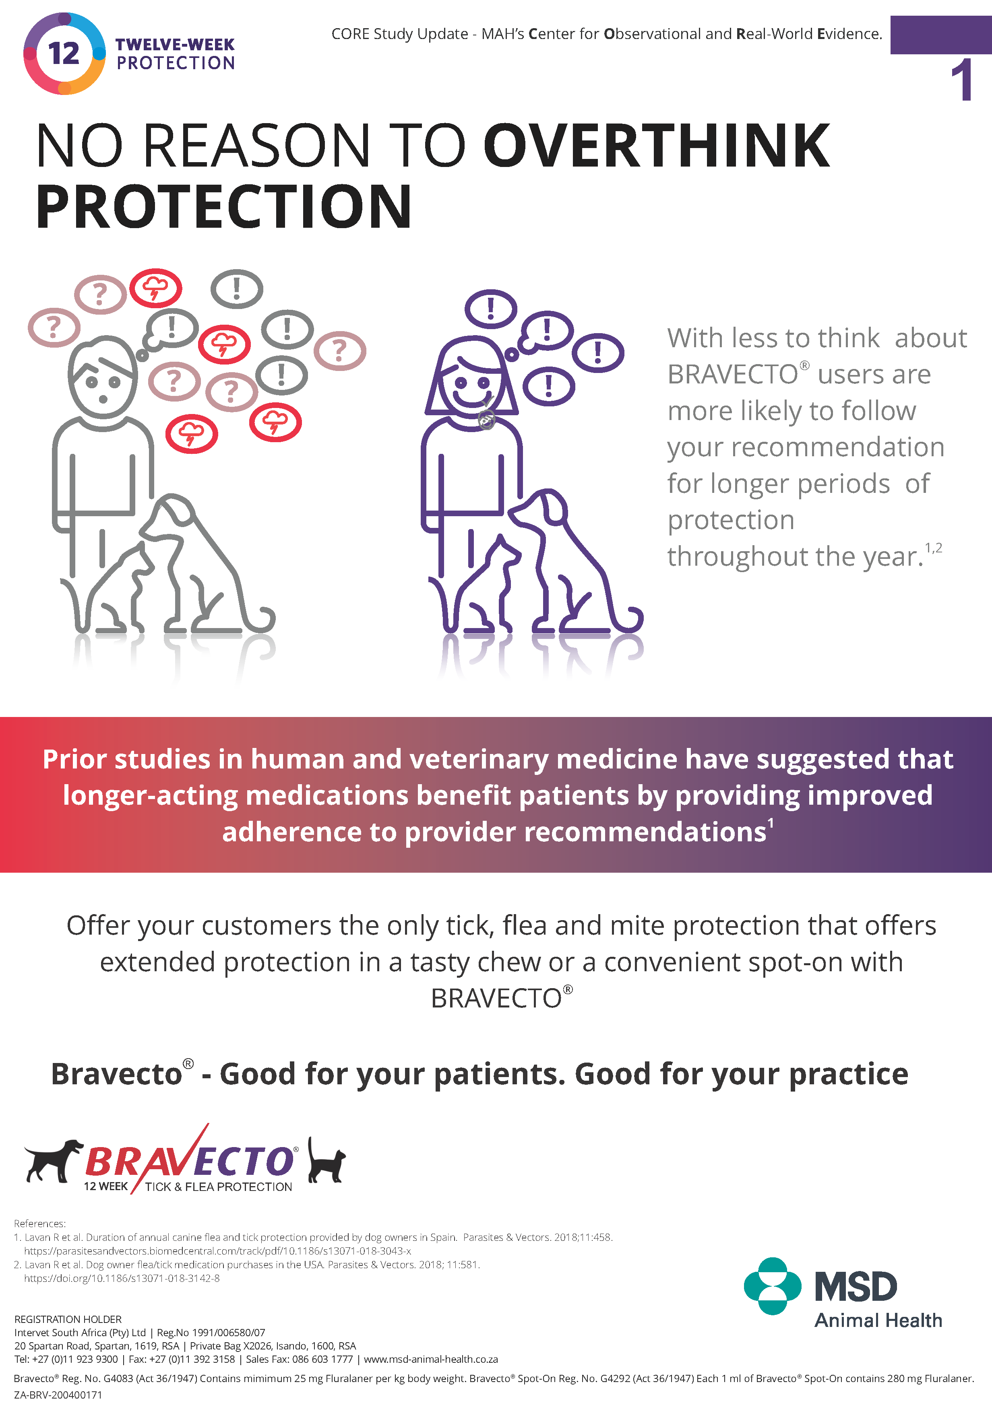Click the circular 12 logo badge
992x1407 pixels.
(64, 54)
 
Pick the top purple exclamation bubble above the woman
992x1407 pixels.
(490, 308)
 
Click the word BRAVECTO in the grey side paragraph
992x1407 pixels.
(733, 375)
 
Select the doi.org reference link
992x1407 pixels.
(122, 1278)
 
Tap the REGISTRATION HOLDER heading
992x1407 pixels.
(68, 1319)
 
